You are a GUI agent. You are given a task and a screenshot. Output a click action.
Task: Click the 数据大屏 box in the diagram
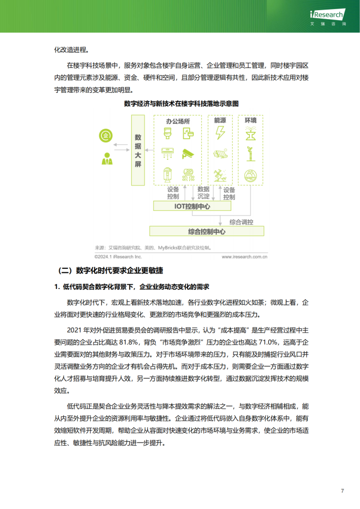tap(138, 151)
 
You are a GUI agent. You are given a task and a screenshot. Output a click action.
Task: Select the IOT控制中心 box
tap(192, 206)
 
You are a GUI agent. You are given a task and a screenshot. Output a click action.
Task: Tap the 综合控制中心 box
tap(206, 231)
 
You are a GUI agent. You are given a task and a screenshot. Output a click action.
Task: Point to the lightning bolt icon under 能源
tap(220, 133)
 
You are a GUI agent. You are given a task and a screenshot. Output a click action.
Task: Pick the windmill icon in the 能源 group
tap(220, 175)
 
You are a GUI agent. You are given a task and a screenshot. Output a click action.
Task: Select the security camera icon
tap(188, 154)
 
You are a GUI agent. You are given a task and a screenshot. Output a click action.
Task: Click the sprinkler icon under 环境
tap(250, 133)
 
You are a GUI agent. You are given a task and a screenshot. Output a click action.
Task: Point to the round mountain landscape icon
tap(250, 175)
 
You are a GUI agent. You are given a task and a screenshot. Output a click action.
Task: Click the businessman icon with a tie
tap(106, 159)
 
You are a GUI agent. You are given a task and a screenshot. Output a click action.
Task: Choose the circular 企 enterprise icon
tap(106, 135)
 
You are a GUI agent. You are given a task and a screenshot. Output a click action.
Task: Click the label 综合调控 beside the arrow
tap(241, 222)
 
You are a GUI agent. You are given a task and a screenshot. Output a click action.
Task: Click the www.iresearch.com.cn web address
tap(244, 257)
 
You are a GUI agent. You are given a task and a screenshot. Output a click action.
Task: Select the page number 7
tap(343, 491)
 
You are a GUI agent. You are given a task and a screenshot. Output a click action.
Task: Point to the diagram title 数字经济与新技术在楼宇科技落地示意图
tap(181, 104)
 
